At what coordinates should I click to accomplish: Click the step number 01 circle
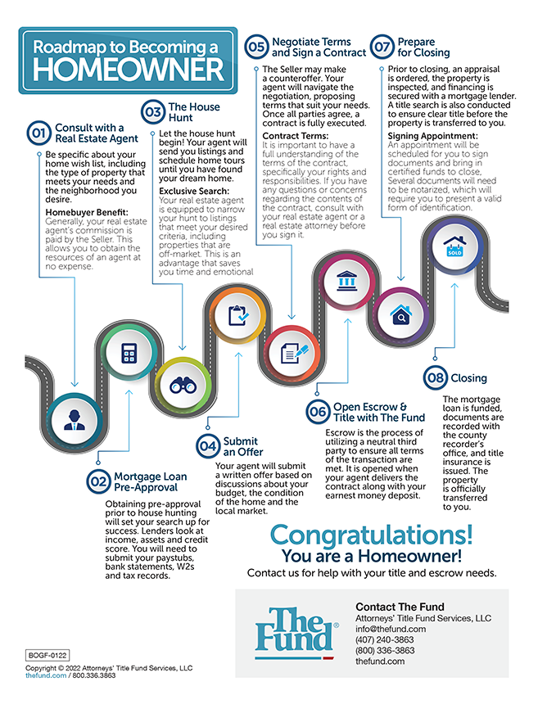point(39,133)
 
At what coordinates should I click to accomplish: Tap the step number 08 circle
point(435,378)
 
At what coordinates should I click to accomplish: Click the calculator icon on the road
point(129,354)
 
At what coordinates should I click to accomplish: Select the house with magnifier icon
point(400,314)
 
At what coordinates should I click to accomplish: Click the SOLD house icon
point(454,246)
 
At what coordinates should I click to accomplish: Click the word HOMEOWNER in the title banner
point(127,68)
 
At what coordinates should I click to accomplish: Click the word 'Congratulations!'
point(371,535)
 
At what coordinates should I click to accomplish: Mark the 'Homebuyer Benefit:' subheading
point(89,213)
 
